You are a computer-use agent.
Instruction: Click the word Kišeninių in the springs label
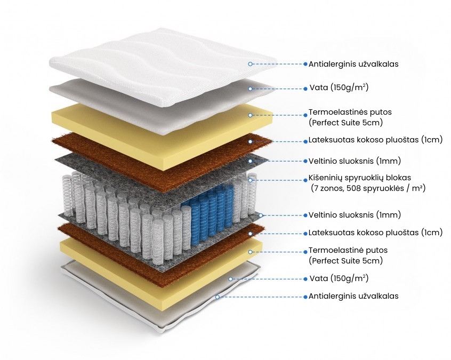tap(326, 178)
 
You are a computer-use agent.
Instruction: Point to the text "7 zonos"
tap(329, 189)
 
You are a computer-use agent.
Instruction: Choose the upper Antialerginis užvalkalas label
tap(353, 64)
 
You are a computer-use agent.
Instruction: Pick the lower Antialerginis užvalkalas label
tap(353, 296)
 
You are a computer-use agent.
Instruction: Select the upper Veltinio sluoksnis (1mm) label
tap(355, 161)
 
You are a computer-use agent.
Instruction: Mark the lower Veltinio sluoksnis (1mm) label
tap(355, 215)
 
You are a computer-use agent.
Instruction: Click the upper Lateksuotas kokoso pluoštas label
tap(375, 141)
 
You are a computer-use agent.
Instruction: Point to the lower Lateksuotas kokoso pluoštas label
tap(375, 233)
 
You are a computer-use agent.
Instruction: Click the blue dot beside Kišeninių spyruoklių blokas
tap(304, 178)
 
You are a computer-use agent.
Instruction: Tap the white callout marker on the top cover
tap(250, 64)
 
